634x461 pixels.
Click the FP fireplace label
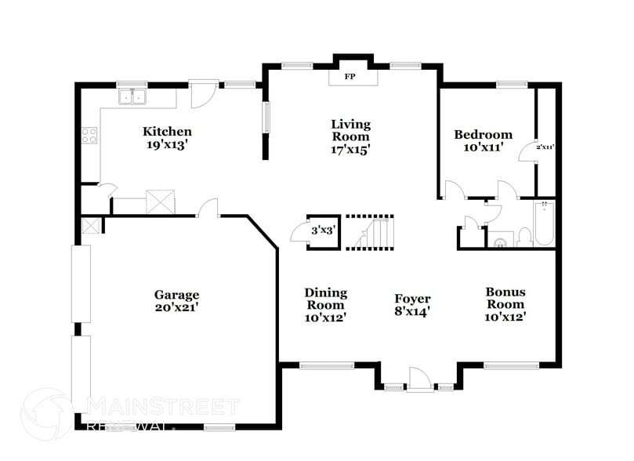[x=350, y=78]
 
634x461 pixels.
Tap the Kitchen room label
[x=166, y=132]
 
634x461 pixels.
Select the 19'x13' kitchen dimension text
[x=166, y=145]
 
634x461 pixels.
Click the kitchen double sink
[x=134, y=97]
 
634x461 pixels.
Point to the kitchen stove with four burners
[x=89, y=135]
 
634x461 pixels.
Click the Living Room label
[x=350, y=130]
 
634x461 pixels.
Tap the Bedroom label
[x=484, y=135]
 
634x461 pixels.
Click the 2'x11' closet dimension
[x=545, y=147]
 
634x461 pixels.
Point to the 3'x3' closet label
[x=323, y=231]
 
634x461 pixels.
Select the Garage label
[x=176, y=295]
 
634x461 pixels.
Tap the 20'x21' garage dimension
[x=176, y=308]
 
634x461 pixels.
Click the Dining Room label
[x=325, y=299]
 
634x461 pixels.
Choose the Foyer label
[x=412, y=299]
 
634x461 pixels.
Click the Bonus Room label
[x=505, y=298]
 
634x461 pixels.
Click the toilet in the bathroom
[x=524, y=236]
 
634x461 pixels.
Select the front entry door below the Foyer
[x=420, y=381]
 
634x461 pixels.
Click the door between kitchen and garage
[x=208, y=208]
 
